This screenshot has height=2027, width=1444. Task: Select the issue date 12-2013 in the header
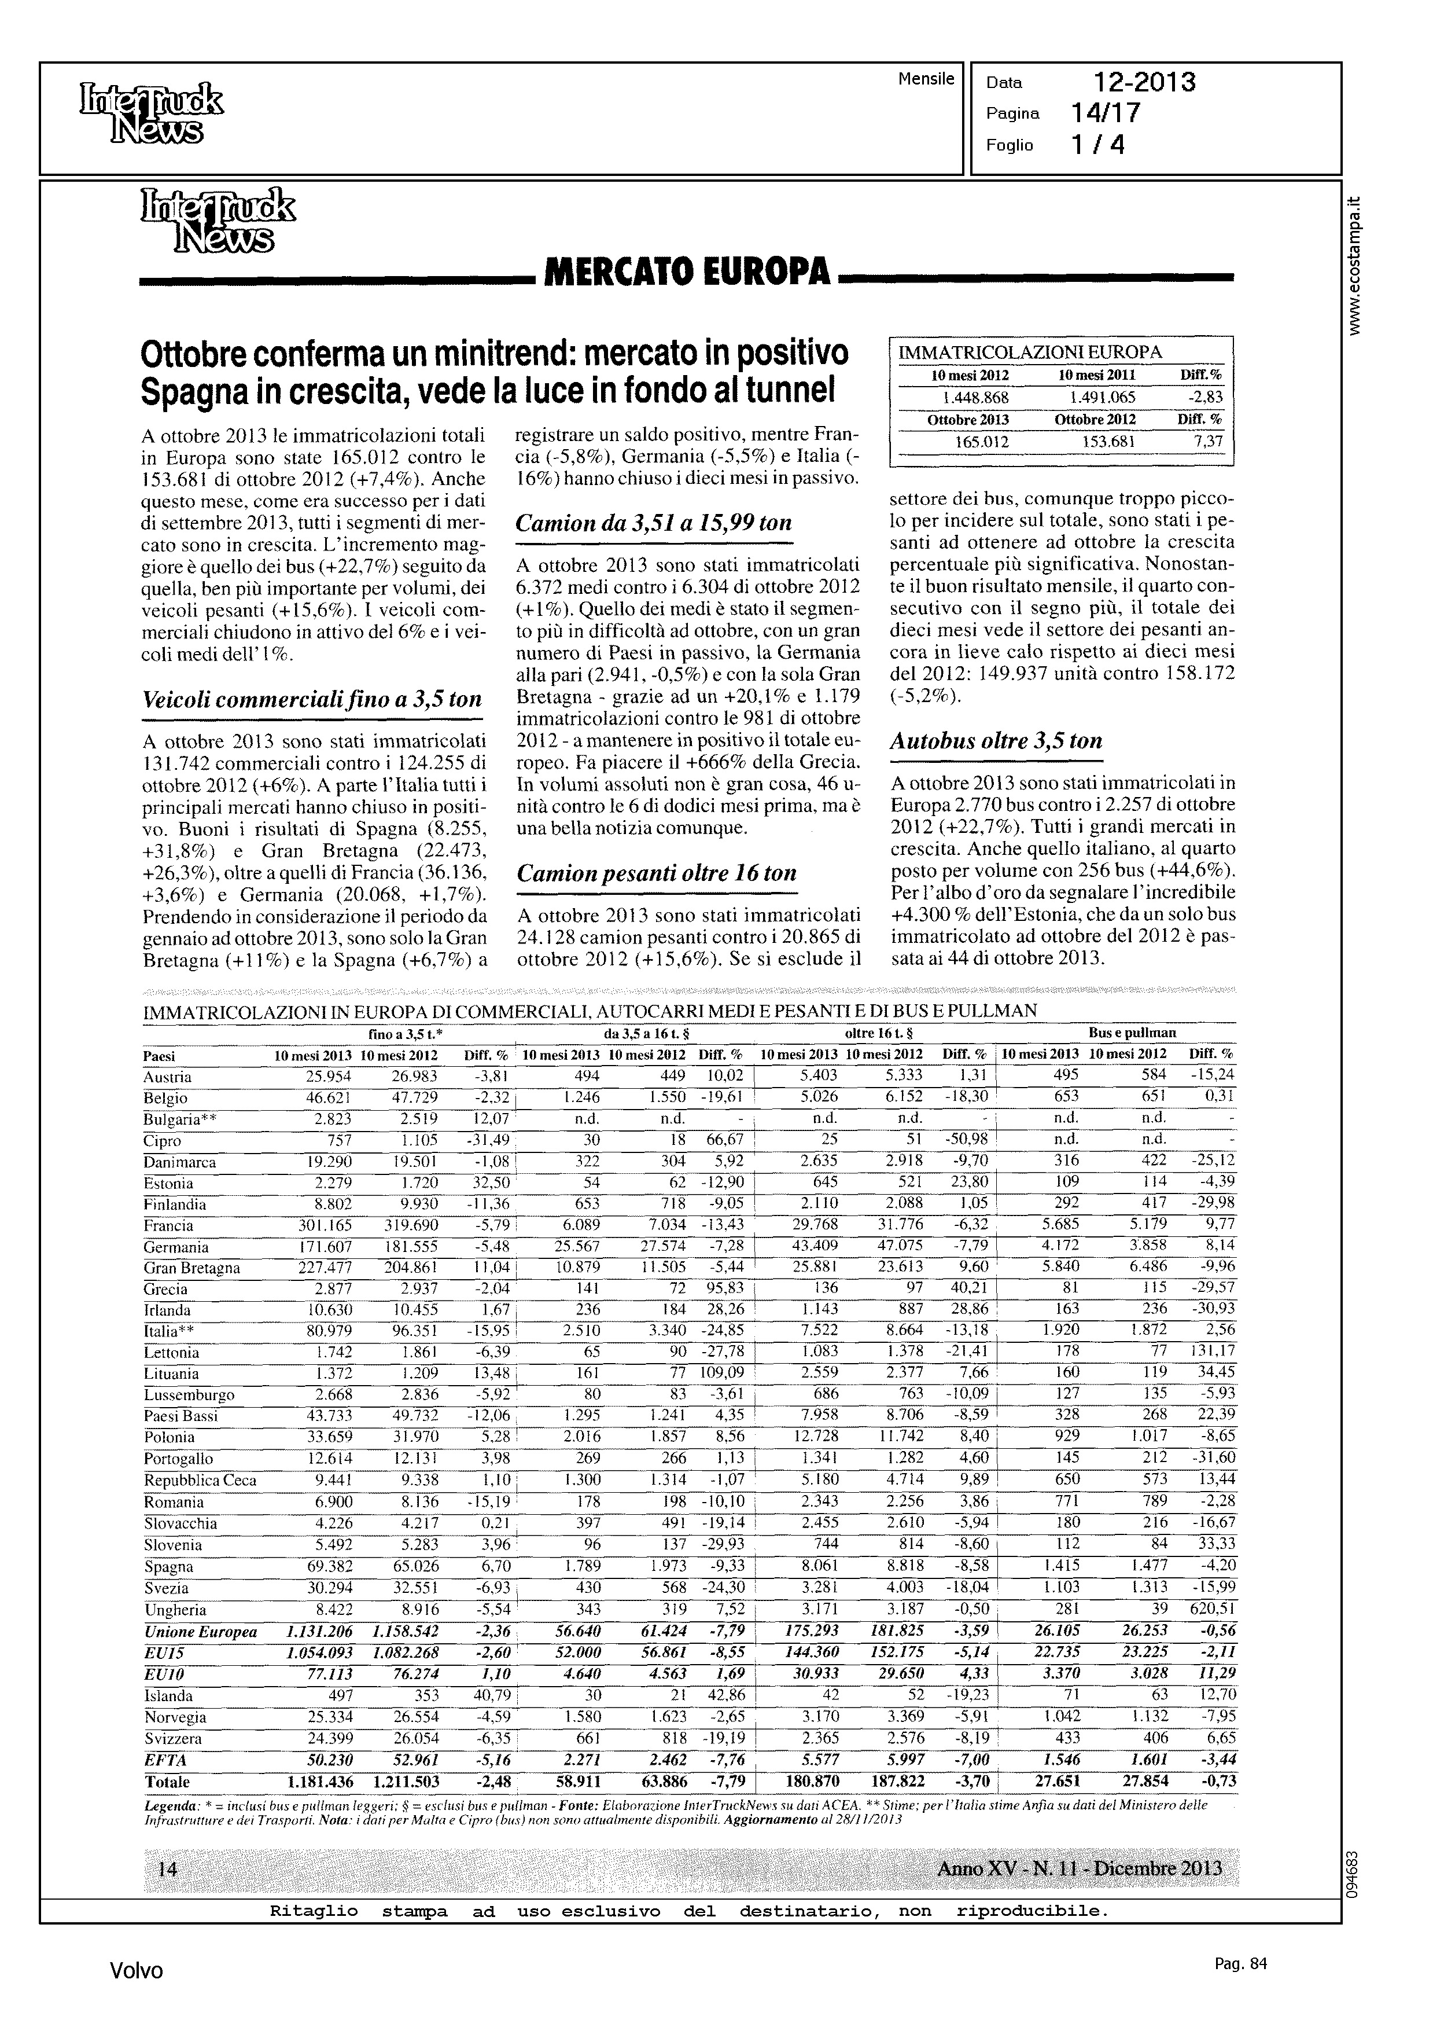(x=1144, y=83)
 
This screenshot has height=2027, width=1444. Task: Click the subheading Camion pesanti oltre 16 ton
(x=656, y=873)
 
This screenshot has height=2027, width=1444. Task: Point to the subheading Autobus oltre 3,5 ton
(x=996, y=741)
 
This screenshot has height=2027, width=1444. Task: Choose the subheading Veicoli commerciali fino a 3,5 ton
(x=312, y=700)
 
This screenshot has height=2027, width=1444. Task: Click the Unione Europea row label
(x=200, y=1631)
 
